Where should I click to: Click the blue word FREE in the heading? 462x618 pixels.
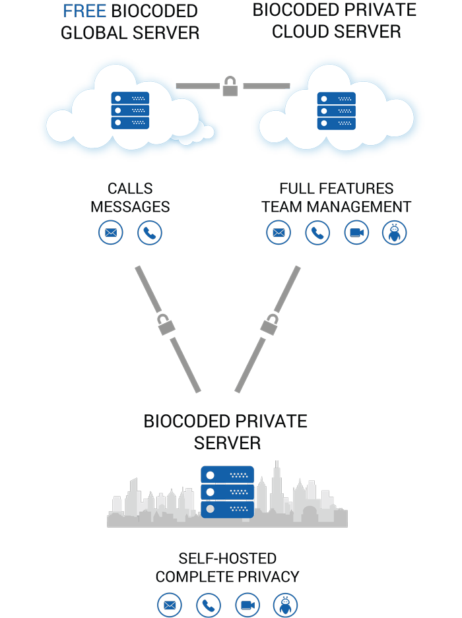(x=84, y=11)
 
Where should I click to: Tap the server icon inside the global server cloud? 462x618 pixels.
(x=130, y=110)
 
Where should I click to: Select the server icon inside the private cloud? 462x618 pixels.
(x=336, y=110)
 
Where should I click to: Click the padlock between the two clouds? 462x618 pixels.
(x=230, y=86)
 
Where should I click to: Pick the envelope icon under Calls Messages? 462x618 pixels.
(x=111, y=233)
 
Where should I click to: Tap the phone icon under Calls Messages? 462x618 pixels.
(x=150, y=233)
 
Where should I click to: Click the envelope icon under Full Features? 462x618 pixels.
(x=279, y=233)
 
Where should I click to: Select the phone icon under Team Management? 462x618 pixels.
(x=317, y=233)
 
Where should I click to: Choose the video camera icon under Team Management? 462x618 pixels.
(x=356, y=233)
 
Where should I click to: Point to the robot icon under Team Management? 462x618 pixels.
(x=395, y=233)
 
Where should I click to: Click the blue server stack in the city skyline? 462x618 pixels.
(x=228, y=492)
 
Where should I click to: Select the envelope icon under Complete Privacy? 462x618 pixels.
(x=170, y=605)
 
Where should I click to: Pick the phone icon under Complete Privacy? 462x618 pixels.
(x=209, y=605)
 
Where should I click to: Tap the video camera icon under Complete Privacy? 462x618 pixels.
(x=247, y=605)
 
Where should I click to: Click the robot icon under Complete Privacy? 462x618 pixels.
(x=286, y=605)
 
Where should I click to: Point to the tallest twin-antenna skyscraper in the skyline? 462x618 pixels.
(x=277, y=488)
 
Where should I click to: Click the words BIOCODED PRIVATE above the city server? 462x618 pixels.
(x=225, y=421)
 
